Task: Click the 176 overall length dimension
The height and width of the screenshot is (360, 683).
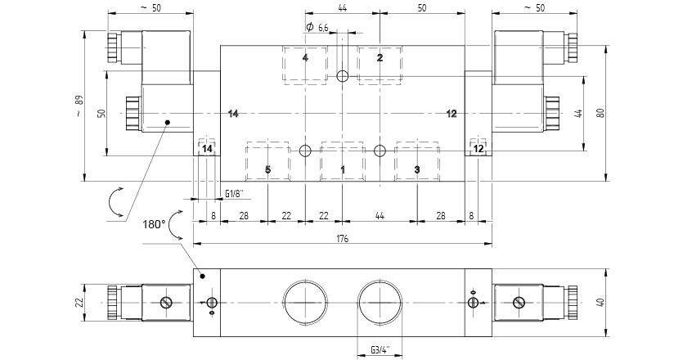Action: click(342, 239)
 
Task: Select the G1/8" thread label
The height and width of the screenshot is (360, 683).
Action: click(234, 193)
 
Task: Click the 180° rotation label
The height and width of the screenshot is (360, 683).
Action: click(153, 223)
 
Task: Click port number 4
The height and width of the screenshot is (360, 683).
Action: click(304, 58)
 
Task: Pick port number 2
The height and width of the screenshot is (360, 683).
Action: click(380, 58)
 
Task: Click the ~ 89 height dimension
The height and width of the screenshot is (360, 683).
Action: click(79, 106)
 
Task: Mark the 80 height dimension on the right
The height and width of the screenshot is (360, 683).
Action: click(600, 113)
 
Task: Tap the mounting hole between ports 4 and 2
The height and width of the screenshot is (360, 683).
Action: click(343, 77)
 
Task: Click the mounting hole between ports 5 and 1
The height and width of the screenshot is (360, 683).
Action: click(305, 151)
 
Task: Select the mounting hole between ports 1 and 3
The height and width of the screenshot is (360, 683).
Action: click(379, 151)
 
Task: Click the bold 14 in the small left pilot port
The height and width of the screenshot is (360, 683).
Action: click(207, 149)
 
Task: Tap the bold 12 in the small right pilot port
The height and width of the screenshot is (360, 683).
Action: click(479, 149)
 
